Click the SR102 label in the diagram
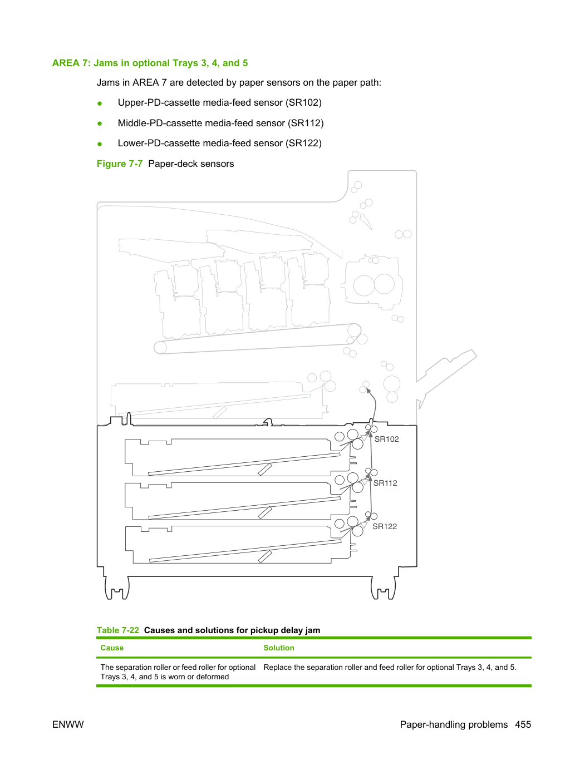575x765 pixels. click(386, 439)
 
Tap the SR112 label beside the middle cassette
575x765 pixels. click(385, 483)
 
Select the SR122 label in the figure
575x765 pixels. click(385, 527)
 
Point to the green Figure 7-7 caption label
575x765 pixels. click(120, 164)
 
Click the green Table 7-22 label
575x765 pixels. click(118, 630)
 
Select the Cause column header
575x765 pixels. click(112, 648)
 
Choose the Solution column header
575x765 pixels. click(279, 648)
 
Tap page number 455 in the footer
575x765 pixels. click(523, 724)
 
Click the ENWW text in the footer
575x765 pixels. click(68, 724)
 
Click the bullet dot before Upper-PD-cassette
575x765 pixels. click(100, 103)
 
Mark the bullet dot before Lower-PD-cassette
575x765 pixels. click(100, 144)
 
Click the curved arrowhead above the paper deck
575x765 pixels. click(368, 391)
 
